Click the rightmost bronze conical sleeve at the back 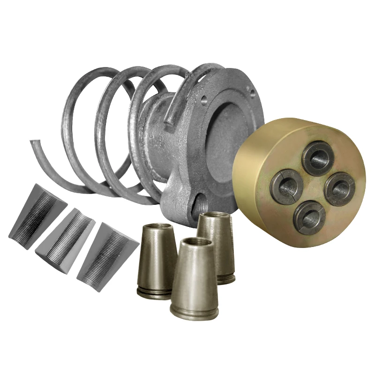(x=216, y=244)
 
